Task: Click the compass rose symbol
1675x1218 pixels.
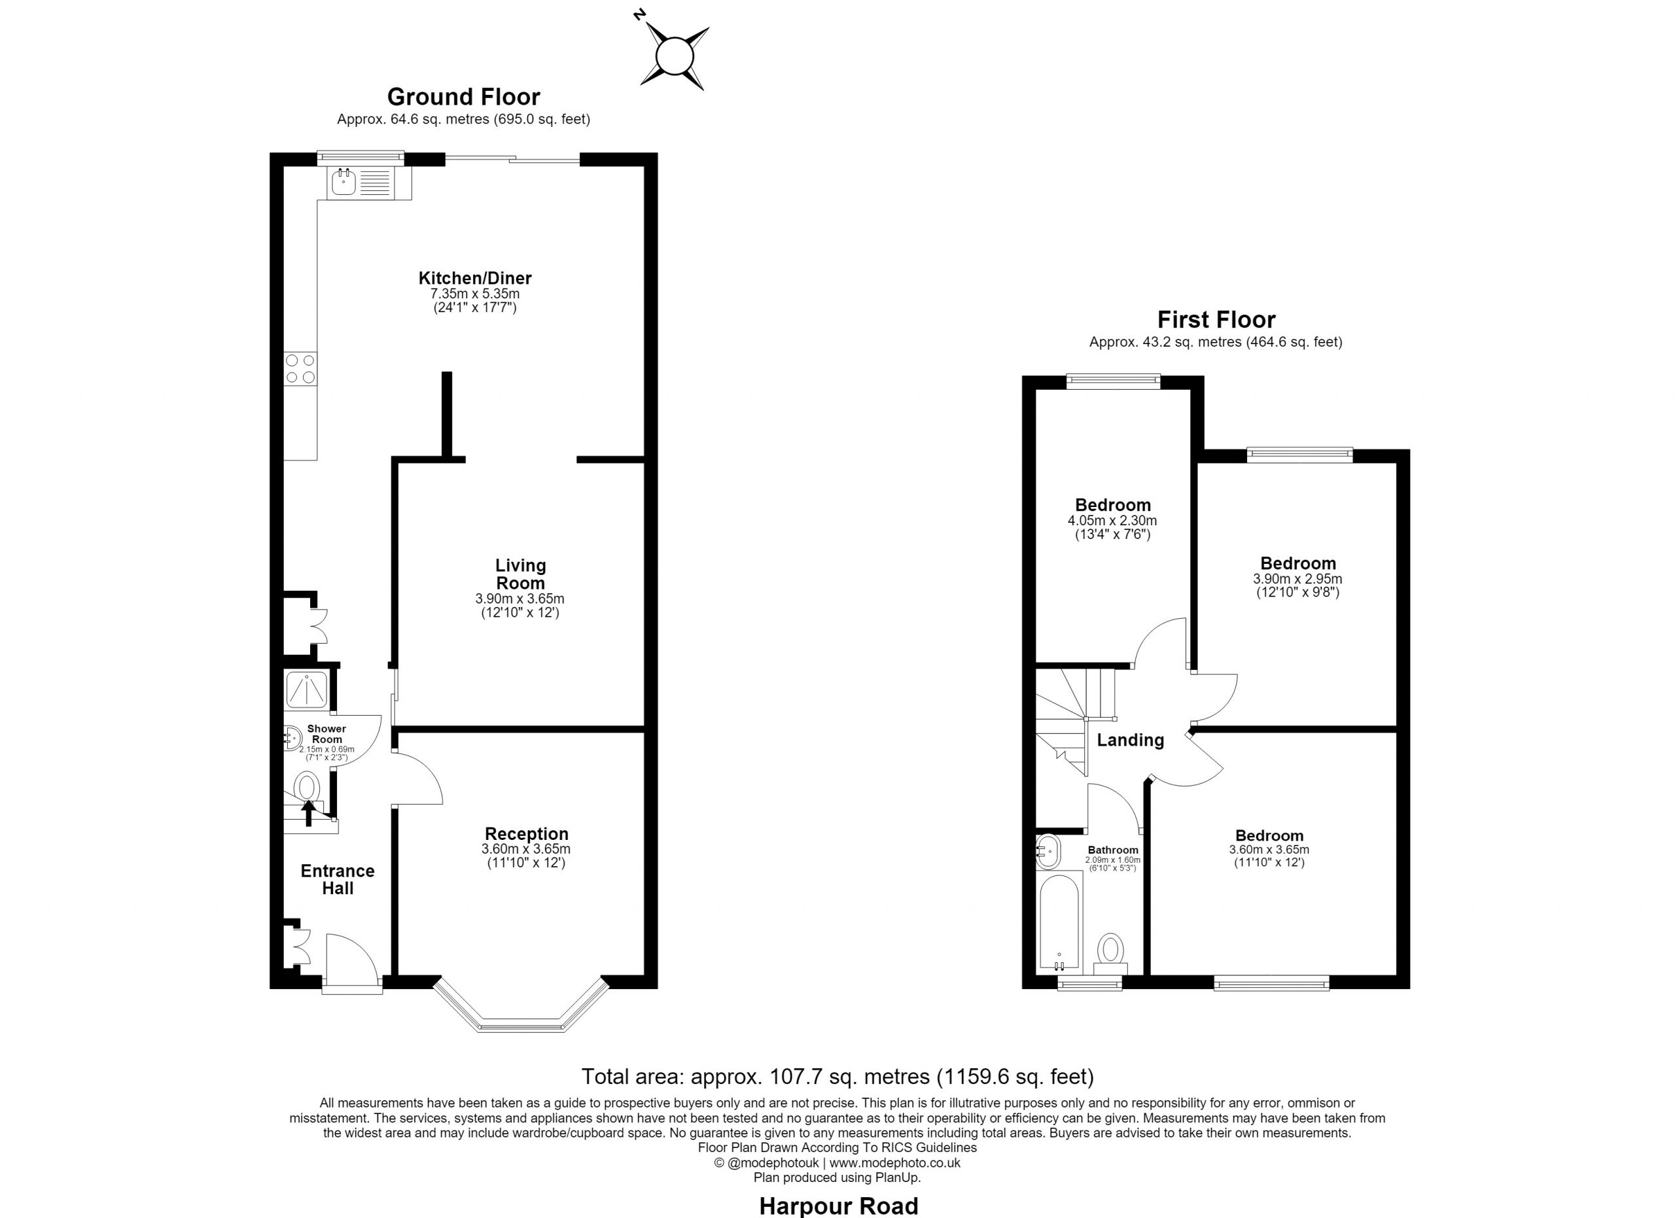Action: pyautogui.click(x=675, y=57)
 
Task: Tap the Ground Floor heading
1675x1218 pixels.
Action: pyautogui.click(x=463, y=97)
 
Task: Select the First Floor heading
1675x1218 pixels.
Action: pyautogui.click(x=1216, y=320)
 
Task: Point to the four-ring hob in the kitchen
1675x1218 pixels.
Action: pyautogui.click(x=300, y=369)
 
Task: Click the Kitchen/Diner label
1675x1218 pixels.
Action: pyautogui.click(x=475, y=278)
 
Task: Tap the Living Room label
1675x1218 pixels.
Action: pyautogui.click(x=521, y=574)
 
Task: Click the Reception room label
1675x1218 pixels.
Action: pyautogui.click(x=527, y=834)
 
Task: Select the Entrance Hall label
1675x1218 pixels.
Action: pyautogui.click(x=338, y=880)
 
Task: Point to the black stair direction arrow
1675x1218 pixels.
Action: pyautogui.click(x=308, y=812)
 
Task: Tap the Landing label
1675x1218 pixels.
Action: pyautogui.click(x=1130, y=740)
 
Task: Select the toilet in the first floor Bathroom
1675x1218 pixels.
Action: pyautogui.click(x=1110, y=954)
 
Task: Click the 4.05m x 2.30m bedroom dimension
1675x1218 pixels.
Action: pyautogui.click(x=1112, y=521)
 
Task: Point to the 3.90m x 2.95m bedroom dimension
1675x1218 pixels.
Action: pyautogui.click(x=1297, y=580)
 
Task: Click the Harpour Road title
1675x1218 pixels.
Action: pyautogui.click(x=838, y=1206)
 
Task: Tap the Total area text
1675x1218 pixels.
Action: pyautogui.click(x=837, y=1077)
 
